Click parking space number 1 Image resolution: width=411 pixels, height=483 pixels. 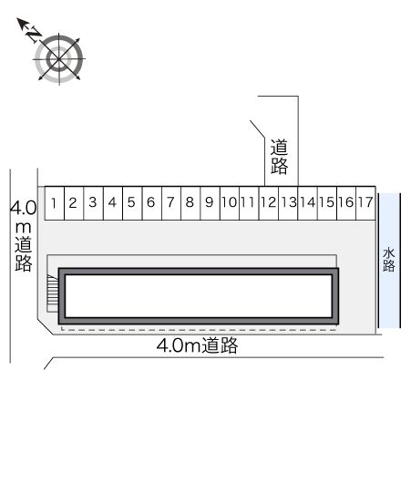(56, 202)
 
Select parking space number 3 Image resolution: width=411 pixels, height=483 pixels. (93, 202)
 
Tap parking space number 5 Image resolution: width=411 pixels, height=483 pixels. (131, 202)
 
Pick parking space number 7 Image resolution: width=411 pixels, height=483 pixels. (170, 202)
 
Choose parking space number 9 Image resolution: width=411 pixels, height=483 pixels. (209, 202)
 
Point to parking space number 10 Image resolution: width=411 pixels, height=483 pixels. (228, 202)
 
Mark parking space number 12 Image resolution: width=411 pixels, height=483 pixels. (267, 202)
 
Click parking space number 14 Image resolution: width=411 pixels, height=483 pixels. (307, 202)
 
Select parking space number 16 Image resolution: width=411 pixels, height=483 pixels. (345, 202)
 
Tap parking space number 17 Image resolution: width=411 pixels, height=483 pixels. (365, 202)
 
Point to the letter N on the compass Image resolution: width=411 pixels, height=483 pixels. (32, 35)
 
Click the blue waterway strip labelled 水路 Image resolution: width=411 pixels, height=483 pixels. (389, 260)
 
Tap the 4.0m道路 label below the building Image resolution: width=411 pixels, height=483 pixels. (197, 346)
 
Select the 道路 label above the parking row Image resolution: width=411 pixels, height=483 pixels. (279, 156)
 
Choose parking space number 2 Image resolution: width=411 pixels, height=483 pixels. (74, 202)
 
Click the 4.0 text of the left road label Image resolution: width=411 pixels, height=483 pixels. (23, 209)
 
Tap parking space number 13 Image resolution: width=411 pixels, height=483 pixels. (287, 202)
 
